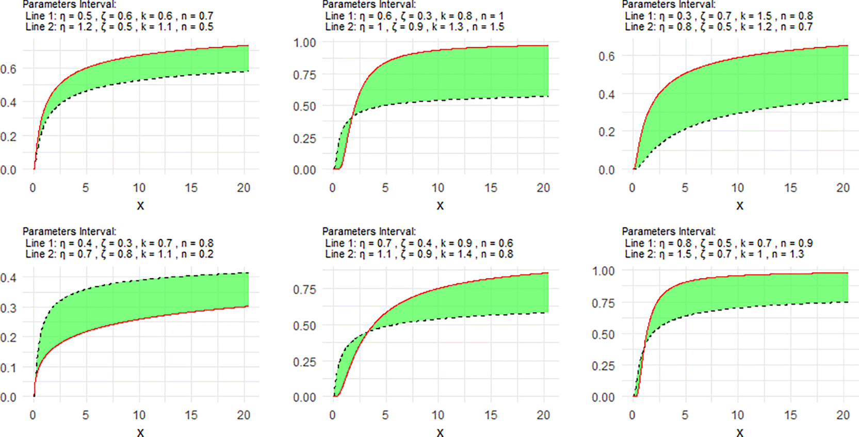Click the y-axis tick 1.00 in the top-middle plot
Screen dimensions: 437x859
pyautogui.click(x=304, y=43)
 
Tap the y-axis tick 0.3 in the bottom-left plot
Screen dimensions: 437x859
pyautogui.click(x=8, y=308)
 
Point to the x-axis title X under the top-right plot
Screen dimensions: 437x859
pyautogui.click(x=739, y=205)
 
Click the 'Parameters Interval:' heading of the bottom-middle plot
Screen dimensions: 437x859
pyautogui.click(x=369, y=232)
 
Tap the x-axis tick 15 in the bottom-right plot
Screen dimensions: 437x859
pyautogui.click(x=790, y=415)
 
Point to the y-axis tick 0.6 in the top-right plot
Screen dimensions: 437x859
pyautogui.click(x=606, y=56)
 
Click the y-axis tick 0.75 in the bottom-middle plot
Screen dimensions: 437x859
pyautogui.click(x=304, y=289)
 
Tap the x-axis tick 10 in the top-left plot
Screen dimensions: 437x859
pyautogui.click(x=139, y=188)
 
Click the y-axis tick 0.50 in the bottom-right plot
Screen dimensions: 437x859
pyautogui.click(x=603, y=334)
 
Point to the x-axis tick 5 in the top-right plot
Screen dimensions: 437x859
pyautogui.click(x=685, y=188)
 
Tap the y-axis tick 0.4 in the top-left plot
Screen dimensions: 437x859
pyautogui.click(x=8, y=103)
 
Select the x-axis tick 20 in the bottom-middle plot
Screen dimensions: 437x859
pyautogui.click(x=543, y=415)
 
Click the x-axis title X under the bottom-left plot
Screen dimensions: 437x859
pyautogui.click(x=140, y=432)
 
